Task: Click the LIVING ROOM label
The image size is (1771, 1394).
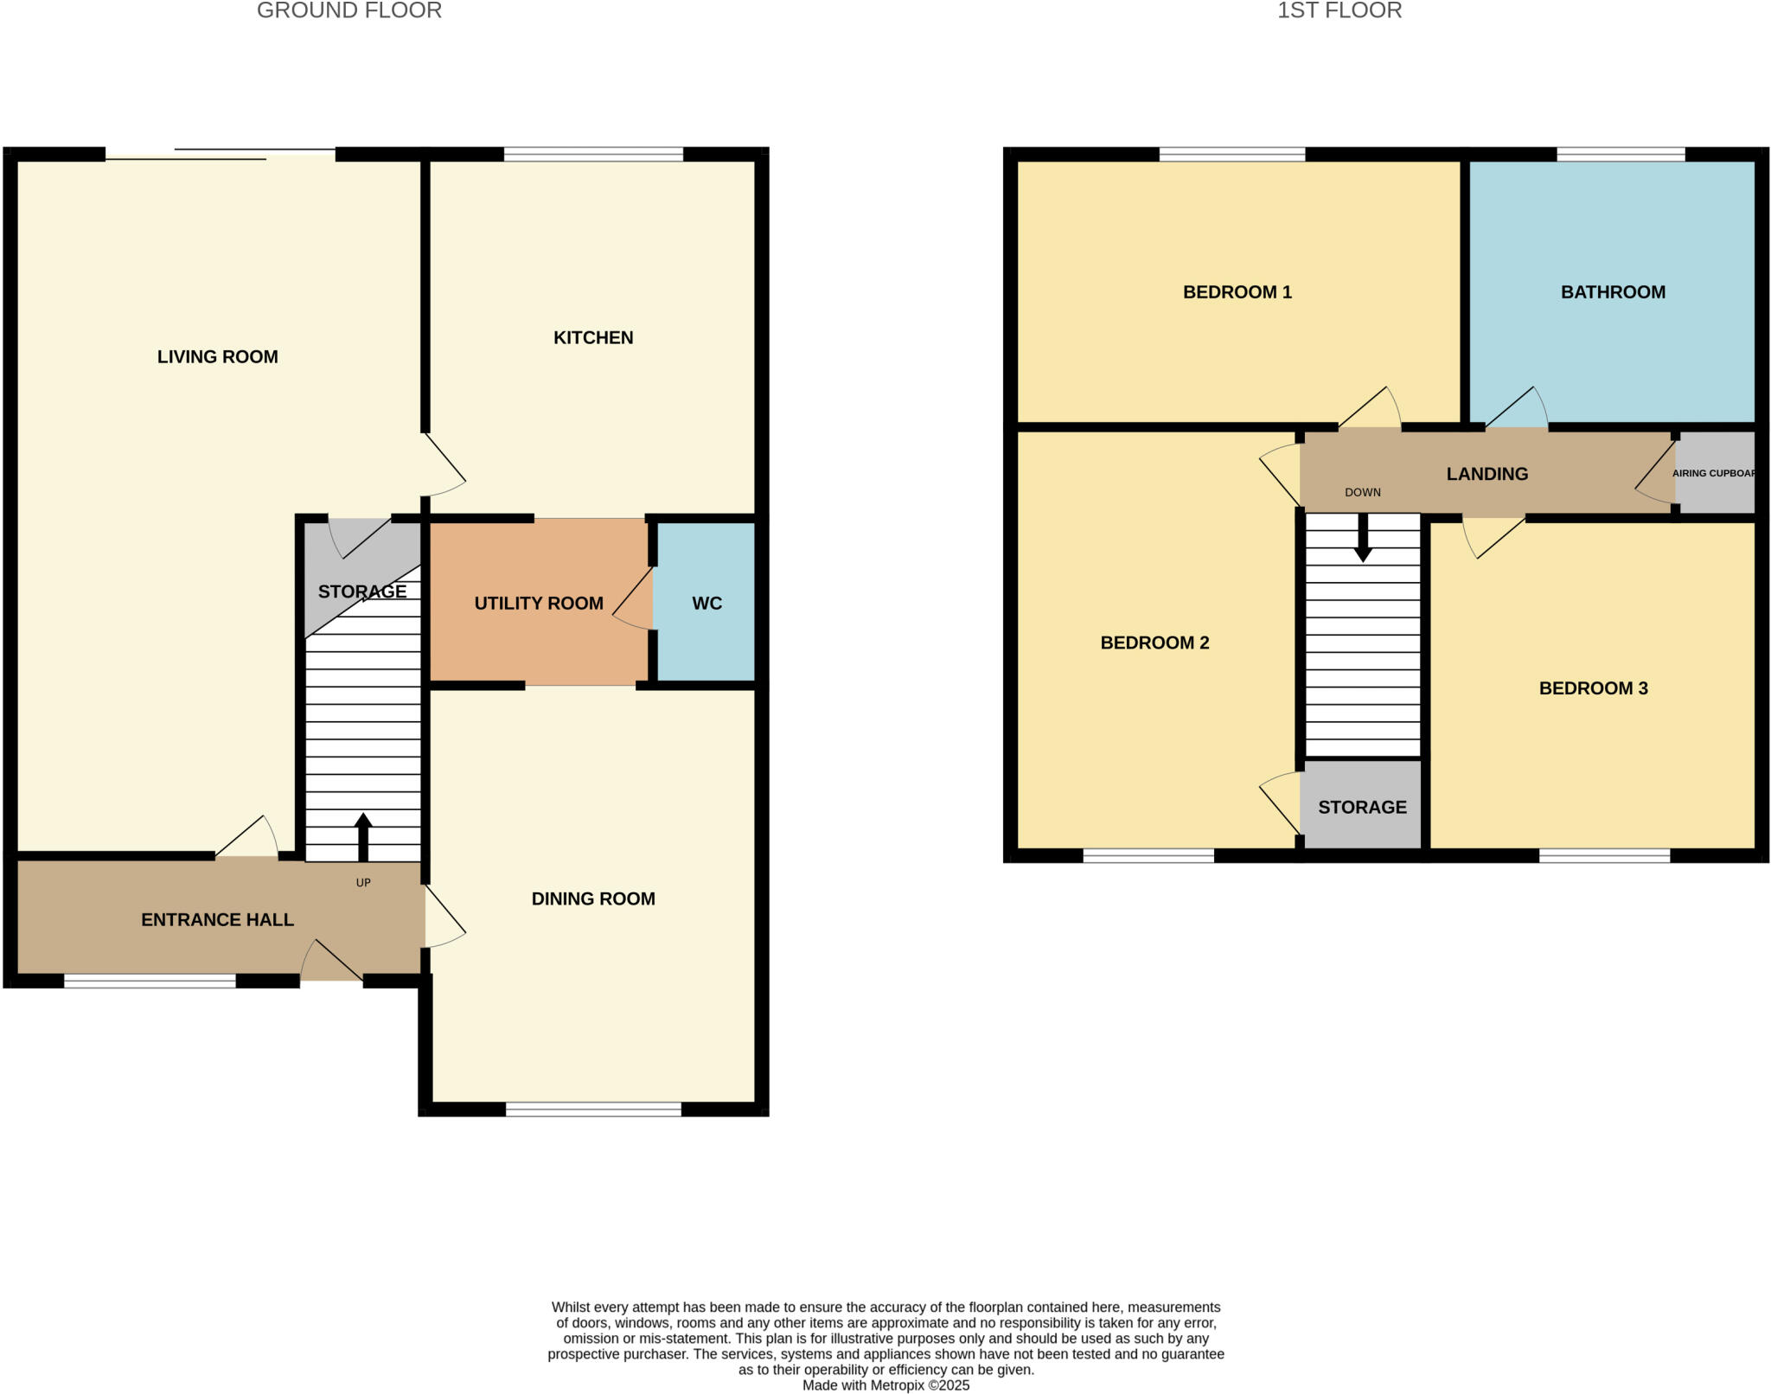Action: (217, 356)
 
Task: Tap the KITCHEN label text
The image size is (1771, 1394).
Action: (593, 337)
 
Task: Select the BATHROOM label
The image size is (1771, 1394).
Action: (1613, 291)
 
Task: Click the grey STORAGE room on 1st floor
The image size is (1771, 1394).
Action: (1362, 806)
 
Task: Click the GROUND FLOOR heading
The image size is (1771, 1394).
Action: (349, 10)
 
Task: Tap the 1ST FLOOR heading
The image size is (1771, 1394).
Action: (1339, 10)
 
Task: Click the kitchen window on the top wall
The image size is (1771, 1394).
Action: (593, 154)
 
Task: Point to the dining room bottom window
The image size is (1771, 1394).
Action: (593, 1109)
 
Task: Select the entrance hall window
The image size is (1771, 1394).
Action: (150, 981)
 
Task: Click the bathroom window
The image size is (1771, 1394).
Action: (1621, 154)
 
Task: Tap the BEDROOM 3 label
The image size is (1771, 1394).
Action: (1593, 687)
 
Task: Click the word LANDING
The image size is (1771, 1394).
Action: (1487, 473)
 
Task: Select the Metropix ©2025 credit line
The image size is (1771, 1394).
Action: (885, 1384)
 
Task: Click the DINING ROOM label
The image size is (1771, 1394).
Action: (593, 898)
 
